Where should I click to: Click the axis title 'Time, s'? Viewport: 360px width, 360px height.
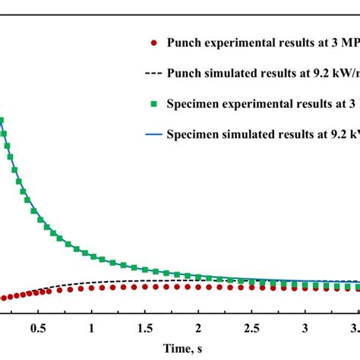pos(179,348)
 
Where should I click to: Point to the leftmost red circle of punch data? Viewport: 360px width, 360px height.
pos(2,298)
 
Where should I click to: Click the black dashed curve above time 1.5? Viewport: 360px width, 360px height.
pos(144,281)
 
